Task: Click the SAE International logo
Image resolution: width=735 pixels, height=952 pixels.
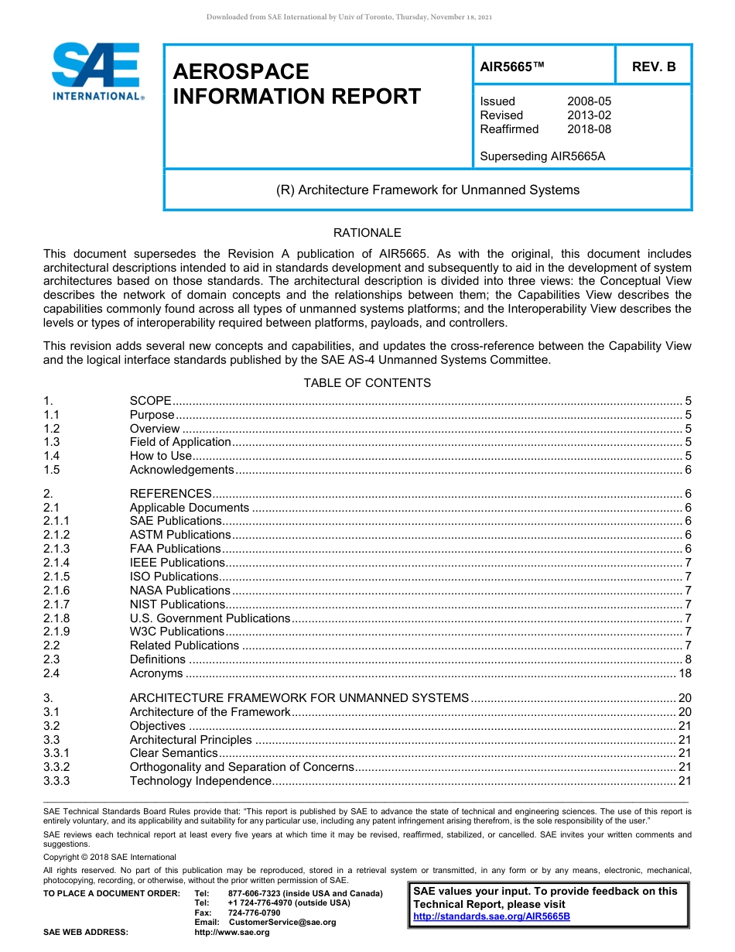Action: (96, 71)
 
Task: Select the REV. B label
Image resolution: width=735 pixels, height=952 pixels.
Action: (653, 67)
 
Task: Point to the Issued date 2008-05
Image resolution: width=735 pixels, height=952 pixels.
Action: (589, 101)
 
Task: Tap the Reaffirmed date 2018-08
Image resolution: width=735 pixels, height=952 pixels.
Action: (589, 129)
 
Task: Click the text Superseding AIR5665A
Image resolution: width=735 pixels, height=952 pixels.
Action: (542, 156)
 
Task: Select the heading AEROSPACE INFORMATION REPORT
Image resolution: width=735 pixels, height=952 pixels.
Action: (296, 84)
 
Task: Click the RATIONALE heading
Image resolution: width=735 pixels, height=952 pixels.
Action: (367, 233)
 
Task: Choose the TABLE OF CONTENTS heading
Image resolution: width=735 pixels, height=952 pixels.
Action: (367, 383)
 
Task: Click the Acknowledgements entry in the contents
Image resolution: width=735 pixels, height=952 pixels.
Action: (181, 470)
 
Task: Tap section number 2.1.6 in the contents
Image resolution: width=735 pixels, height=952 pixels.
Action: (56, 591)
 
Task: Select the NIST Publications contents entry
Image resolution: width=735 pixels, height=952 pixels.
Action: (177, 604)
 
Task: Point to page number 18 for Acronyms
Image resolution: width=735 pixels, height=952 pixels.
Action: (685, 674)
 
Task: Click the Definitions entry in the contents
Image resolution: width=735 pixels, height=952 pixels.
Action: (158, 659)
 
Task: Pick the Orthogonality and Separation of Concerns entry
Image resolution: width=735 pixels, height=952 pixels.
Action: (241, 767)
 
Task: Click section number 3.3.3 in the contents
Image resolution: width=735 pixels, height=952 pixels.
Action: (56, 781)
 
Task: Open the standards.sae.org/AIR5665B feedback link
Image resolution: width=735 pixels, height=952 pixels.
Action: (491, 916)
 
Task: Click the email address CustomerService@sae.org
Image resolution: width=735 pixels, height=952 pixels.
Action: (282, 922)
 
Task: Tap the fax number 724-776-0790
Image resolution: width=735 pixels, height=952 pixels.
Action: (254, 913)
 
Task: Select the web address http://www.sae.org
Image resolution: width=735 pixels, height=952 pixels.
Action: (231, 932)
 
